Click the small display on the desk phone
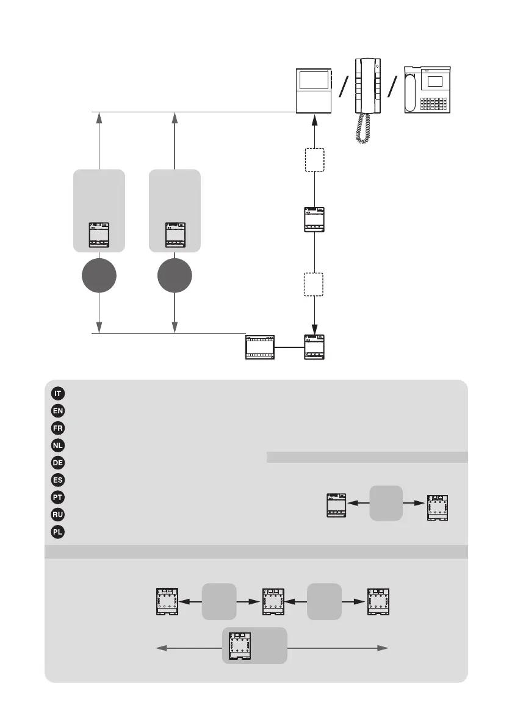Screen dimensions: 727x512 pyautogui.click(x=434, y=81)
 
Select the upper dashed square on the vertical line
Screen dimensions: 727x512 pyautogui.click(x=314, y=160)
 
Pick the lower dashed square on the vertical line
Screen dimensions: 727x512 pyautogui.click(x=314, y=284)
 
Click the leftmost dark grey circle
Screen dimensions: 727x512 pyautogui.click(x=99, y=277)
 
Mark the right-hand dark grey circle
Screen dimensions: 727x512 pyautogui.click(x=175, y=277)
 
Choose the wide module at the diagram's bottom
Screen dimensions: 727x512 pyautogui.click(x=261, y=347)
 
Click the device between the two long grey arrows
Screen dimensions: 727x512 pyautogui.click(x=239, y=645)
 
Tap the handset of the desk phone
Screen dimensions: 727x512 pyautogui.click(x=411, y=90)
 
